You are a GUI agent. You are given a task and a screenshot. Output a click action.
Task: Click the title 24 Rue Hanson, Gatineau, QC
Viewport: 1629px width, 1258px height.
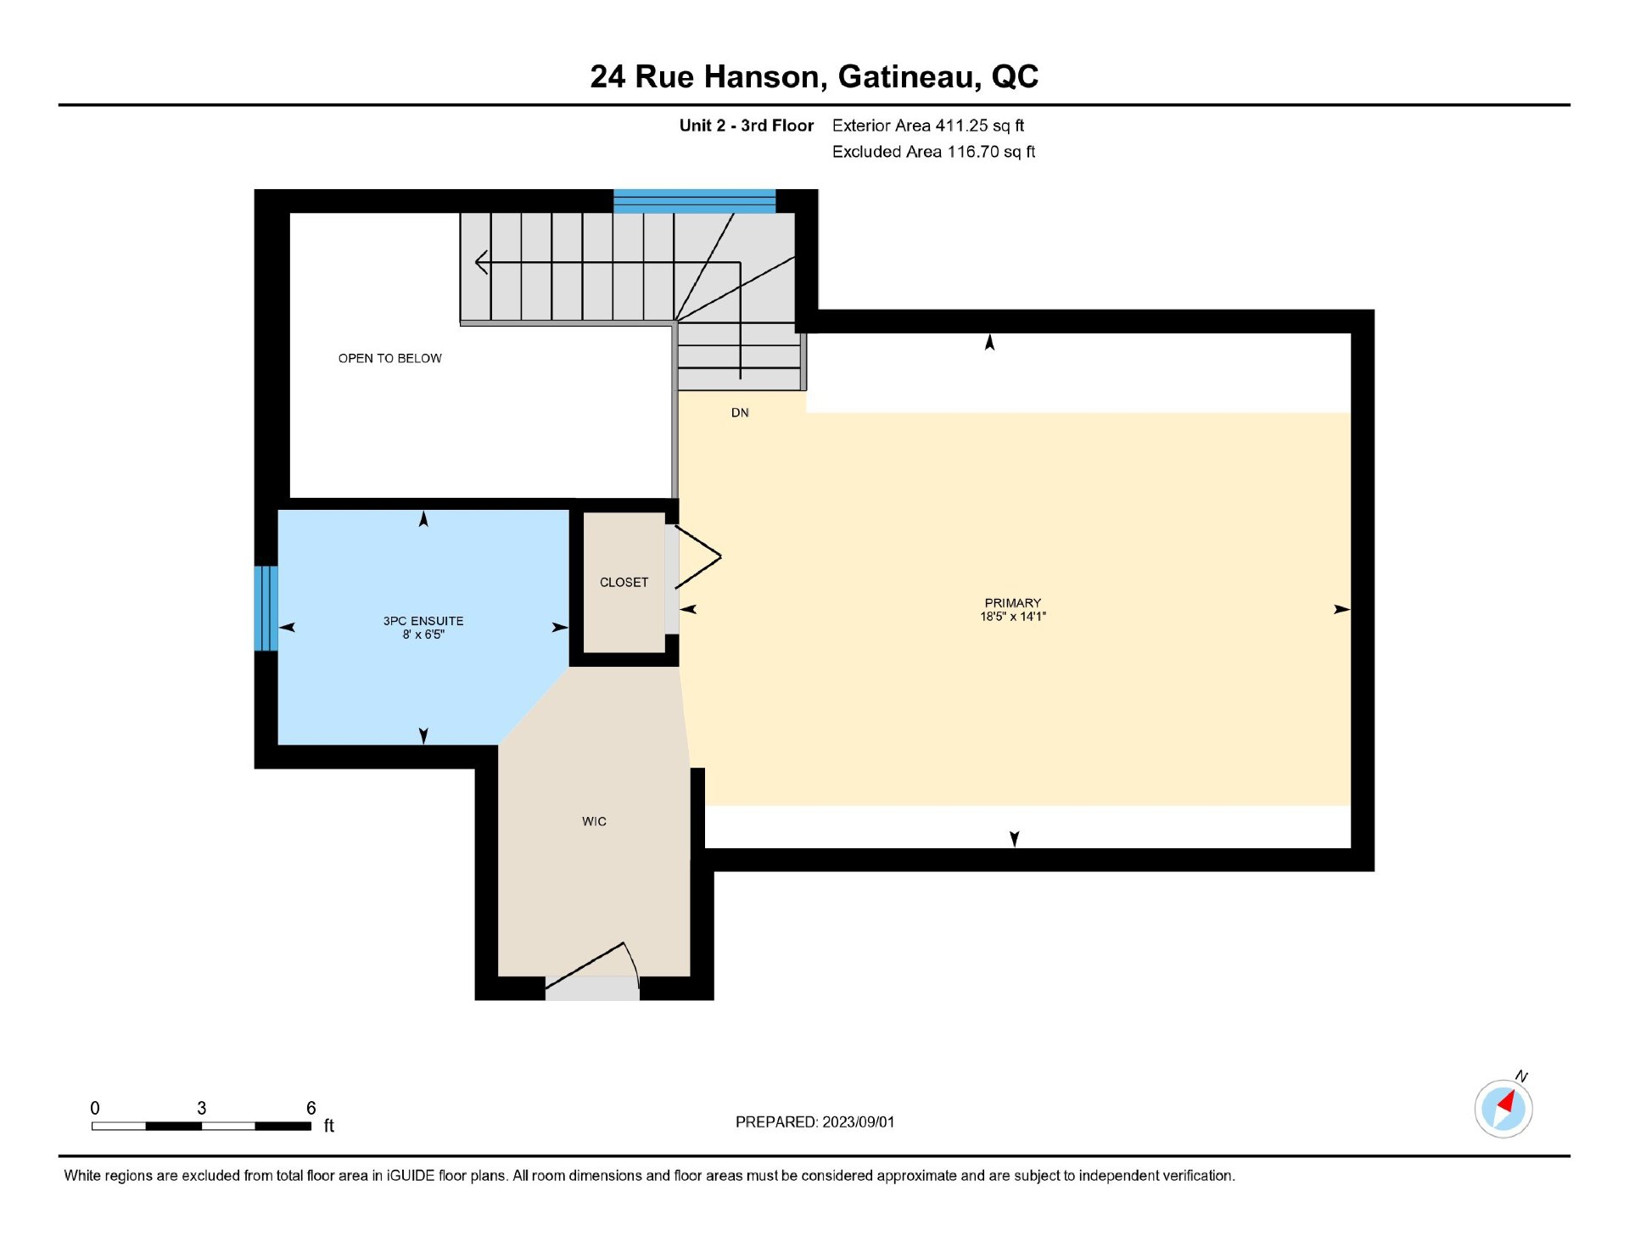[x=814, y=77]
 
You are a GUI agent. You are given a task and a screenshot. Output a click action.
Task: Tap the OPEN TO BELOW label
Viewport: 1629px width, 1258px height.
[x=389, y=358]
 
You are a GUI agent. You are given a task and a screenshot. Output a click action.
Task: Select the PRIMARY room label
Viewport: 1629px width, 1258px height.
[x=1012, y=602]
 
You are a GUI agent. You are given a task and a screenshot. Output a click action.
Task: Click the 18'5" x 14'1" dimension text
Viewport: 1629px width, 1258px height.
[x=1013, y=616]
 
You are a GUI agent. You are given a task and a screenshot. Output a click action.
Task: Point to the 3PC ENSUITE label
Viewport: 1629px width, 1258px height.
[x=423, y=621]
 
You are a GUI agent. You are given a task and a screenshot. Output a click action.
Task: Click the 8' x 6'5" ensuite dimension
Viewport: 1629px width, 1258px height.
[x=423, y=635]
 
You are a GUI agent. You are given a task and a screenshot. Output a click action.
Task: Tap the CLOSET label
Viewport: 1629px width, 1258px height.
[x=624, y=582]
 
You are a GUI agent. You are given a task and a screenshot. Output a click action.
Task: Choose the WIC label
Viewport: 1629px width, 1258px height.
[x=594, y=821]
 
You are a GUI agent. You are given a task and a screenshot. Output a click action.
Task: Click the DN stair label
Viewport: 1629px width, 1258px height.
[x=740, y=412]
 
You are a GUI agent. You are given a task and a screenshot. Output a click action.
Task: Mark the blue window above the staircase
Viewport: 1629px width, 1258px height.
[x=694, y=201]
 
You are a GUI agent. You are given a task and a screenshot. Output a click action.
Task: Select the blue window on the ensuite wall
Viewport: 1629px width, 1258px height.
[x=266, y=608]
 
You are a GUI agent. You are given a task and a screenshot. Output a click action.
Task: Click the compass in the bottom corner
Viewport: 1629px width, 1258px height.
[x=1503, y=1107]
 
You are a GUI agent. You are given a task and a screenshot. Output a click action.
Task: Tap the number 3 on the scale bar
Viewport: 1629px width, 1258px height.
[x=201, y=1108]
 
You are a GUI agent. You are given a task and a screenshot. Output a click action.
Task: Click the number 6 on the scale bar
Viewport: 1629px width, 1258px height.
[x=311, y=1108]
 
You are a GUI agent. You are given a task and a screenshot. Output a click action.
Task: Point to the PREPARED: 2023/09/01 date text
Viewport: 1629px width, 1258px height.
[x=814, y=1121]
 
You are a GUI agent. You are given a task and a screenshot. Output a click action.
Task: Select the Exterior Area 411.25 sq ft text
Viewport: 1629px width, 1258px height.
[x=927, y=126]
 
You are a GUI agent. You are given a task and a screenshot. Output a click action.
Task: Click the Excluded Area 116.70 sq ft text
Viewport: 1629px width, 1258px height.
[x=933, y=152]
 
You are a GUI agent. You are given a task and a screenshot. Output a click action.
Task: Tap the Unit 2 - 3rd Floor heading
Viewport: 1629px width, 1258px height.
[x=746, y=126]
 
